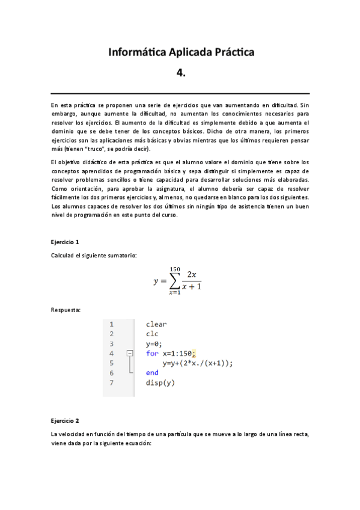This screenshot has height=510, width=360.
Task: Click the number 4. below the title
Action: pyautogui.click(x=181, y=73)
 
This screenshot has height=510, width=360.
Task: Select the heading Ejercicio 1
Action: pyautogui.click(x=65, y=242)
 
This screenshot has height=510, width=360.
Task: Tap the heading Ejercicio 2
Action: pyautogui.click(x=65, y=420)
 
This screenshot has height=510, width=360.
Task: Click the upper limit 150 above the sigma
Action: pyautogui.click(x=175, y=269)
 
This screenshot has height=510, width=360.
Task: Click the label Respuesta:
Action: pyautogui.click(x=66, y=310)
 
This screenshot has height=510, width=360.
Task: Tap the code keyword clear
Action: pyautogui.click(x=156, y=325)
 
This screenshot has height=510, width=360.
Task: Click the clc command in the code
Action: pyautogui.click(x=152, y=334)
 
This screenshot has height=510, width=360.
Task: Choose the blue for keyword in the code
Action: pyautogui.click(x=152, y=354)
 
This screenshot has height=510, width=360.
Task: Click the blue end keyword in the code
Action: pyautogui.click(x=152, y=373)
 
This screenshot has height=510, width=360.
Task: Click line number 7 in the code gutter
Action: pyautogui.click(x=112, y=382)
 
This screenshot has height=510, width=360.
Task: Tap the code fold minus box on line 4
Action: pyautogui.click(x=129, y=354)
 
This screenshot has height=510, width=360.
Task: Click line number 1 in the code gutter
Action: pyautogui.click(x=112, y=325)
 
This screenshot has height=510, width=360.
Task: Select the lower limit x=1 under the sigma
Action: pyautogui.click(x=174, y=293)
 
